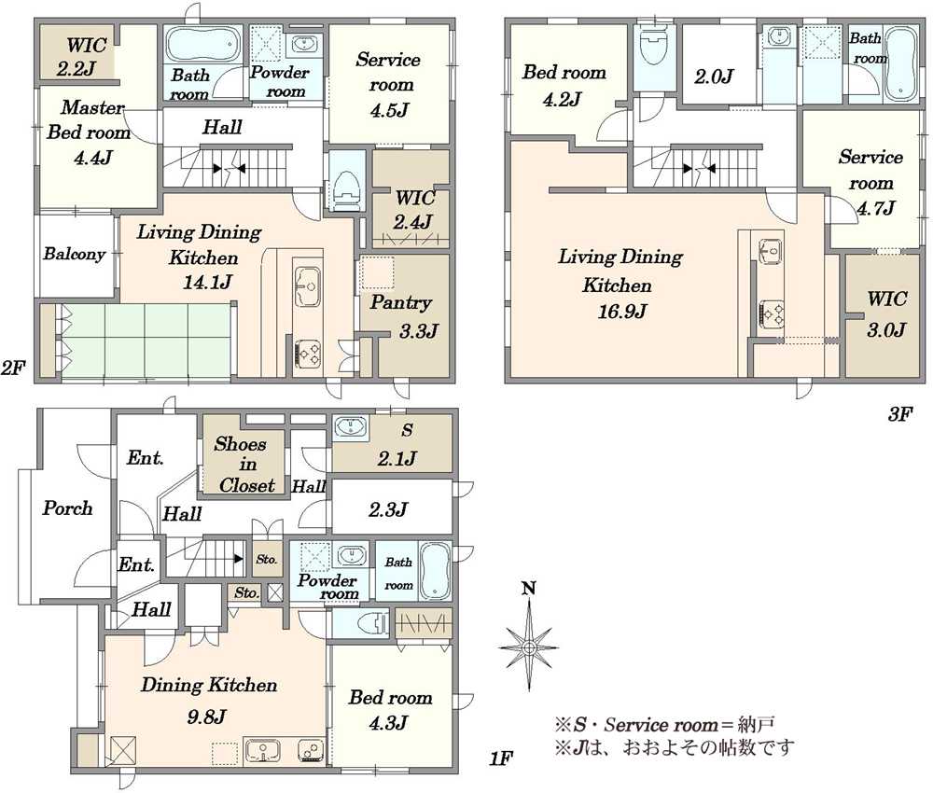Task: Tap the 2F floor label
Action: point(13,368)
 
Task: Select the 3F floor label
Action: point(899,414)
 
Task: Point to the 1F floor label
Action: point(500,758)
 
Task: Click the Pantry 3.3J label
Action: point(404,316)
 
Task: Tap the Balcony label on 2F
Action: point(75,254)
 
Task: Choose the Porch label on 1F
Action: point(67,508)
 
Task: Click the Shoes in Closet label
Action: point(246,465)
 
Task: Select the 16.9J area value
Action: point(621,312)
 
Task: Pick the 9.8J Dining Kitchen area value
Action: point(206,716)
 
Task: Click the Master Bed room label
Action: point(89,132)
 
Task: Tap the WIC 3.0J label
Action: point(886,313)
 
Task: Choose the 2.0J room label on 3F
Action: point(714,77)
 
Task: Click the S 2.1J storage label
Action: point(397,445)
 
